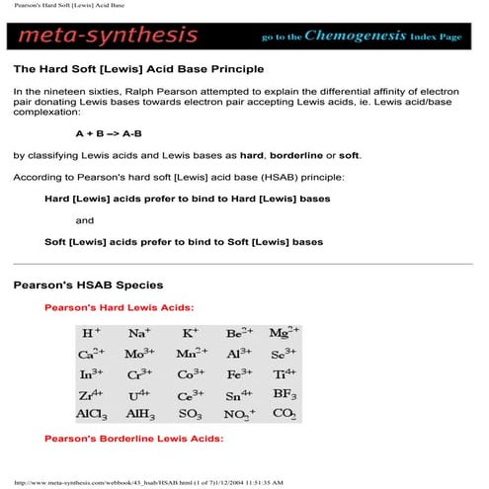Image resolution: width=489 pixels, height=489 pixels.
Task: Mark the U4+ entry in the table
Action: coord(138,395)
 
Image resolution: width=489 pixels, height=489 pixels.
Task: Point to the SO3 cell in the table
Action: coord(191,415)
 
